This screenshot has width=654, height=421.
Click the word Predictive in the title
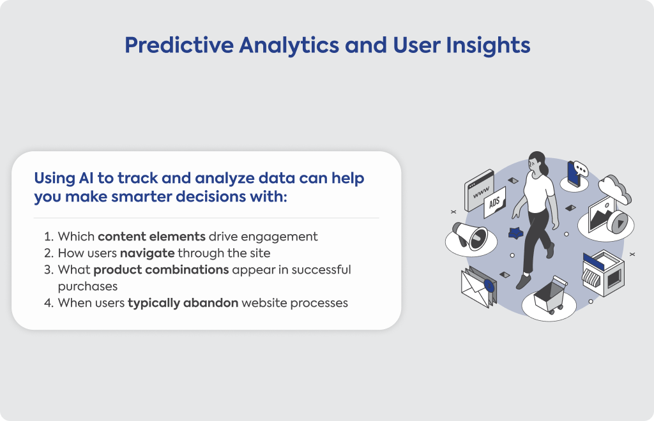pyautogui.click(x=179, y=45)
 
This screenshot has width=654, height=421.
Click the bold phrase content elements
pyautogui.click(x=151, y=236)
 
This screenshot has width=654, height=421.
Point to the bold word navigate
pyautogui.click(x=148, y=254)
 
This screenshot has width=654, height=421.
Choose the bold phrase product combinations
pyautogui.click(x=161, y=269)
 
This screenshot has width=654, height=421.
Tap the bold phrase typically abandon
pyautogui.click(x=183, y=303)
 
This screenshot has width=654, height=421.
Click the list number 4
pyautogui.click(x=49, y=303)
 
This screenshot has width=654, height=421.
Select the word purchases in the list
pyautogui.click(x=87, y=287)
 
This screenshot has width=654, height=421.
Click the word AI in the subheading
pyautogui.click(x=86, y=178)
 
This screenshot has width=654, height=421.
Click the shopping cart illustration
pyautogui.click(x=550, y=296)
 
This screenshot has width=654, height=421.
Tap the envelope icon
pyautogui.click(x=478, y=287)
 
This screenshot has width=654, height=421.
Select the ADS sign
pyautogui.click(x=495, y=202)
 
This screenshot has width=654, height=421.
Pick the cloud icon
pyautogui.click(x=614, y=189)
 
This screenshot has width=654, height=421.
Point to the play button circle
pyautogui.click(x=618, y=222)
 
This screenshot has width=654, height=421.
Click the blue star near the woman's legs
pyautogui.click(x=516, y=233)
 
